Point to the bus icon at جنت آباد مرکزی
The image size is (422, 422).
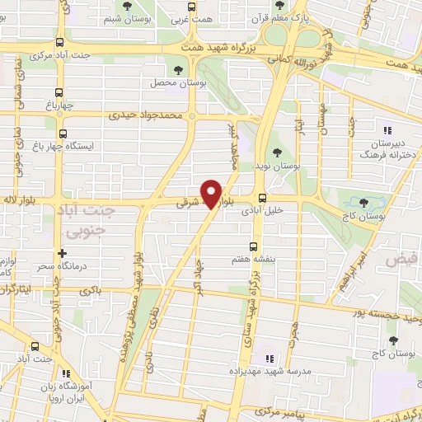tap(58, 43)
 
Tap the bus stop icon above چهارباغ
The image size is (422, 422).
tap(58, 92)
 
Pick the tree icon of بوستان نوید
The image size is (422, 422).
tap(276, 152)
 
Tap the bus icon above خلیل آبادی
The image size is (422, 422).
tap(262, 198)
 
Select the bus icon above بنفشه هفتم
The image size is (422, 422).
tap(252, 246)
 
